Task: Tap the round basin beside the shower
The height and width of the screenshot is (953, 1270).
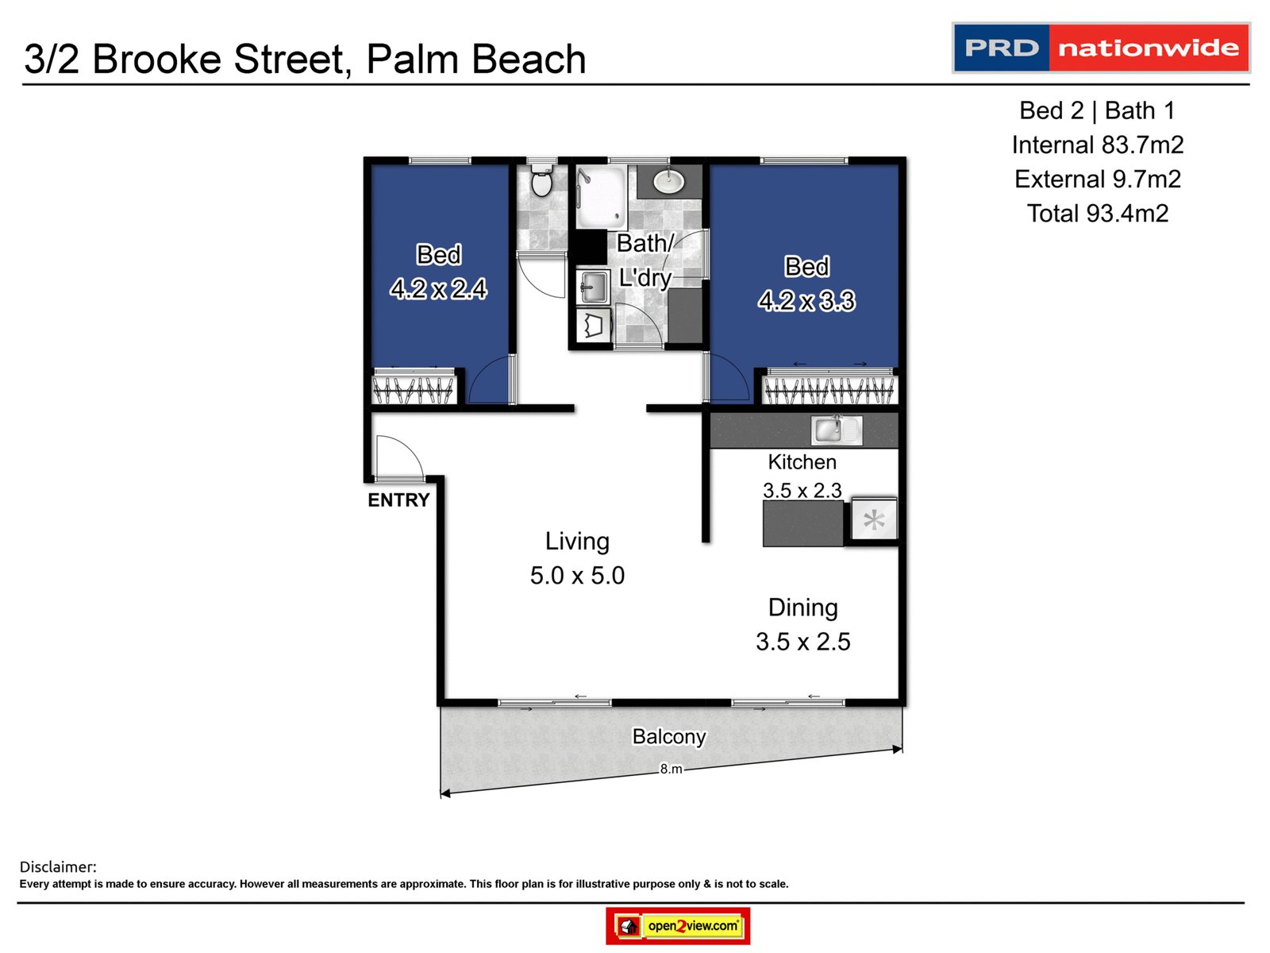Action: [x=669, y=182]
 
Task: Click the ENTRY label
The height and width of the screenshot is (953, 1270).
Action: [x=398, y=500]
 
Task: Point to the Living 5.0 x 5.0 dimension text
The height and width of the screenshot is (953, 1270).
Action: [x=577, y=575]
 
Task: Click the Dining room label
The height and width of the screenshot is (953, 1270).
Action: [x=802, y=608]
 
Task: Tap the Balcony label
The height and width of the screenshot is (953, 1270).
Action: [x=668, y=737]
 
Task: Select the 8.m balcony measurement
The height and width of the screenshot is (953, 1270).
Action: [x=671, y=769]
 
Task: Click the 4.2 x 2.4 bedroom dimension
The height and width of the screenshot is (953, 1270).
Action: [x=438, y=288]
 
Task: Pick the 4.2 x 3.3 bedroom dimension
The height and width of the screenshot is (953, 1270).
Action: [x=806, y=301]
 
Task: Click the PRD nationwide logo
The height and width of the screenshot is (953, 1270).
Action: [x=1101, y=48]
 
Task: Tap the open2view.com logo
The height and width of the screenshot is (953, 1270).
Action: [x=678, y=926]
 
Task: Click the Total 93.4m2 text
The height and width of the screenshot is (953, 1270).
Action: [x=1098, y=214]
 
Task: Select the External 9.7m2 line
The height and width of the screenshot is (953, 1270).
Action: [x=1098, y=179]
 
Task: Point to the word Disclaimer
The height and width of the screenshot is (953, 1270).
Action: [x=58, y=866]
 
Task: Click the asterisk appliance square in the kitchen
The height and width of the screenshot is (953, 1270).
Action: [x=874, y=521]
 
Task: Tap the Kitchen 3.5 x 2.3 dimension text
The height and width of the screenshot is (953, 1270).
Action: [x=802, y=490]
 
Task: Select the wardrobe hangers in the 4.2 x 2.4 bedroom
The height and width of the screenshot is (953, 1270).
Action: [x=414, y=390]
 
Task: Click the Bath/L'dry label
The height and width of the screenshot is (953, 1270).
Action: [x=645, y=260]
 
